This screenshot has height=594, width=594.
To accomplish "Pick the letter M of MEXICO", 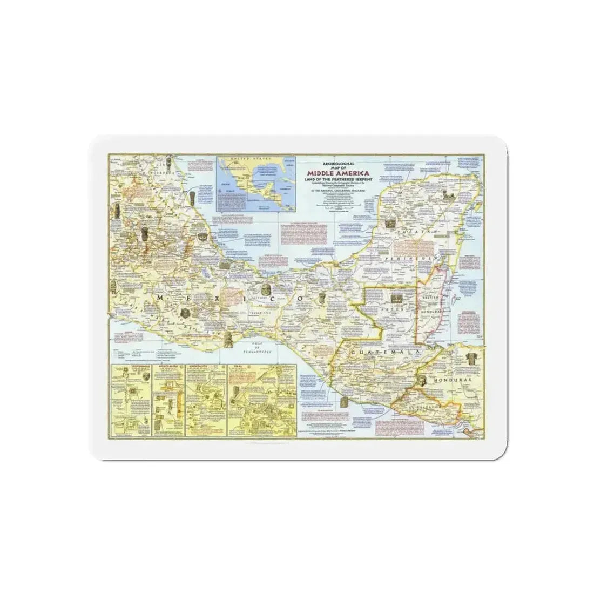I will point(160,298).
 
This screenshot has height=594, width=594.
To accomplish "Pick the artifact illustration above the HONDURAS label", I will point(475,360).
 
